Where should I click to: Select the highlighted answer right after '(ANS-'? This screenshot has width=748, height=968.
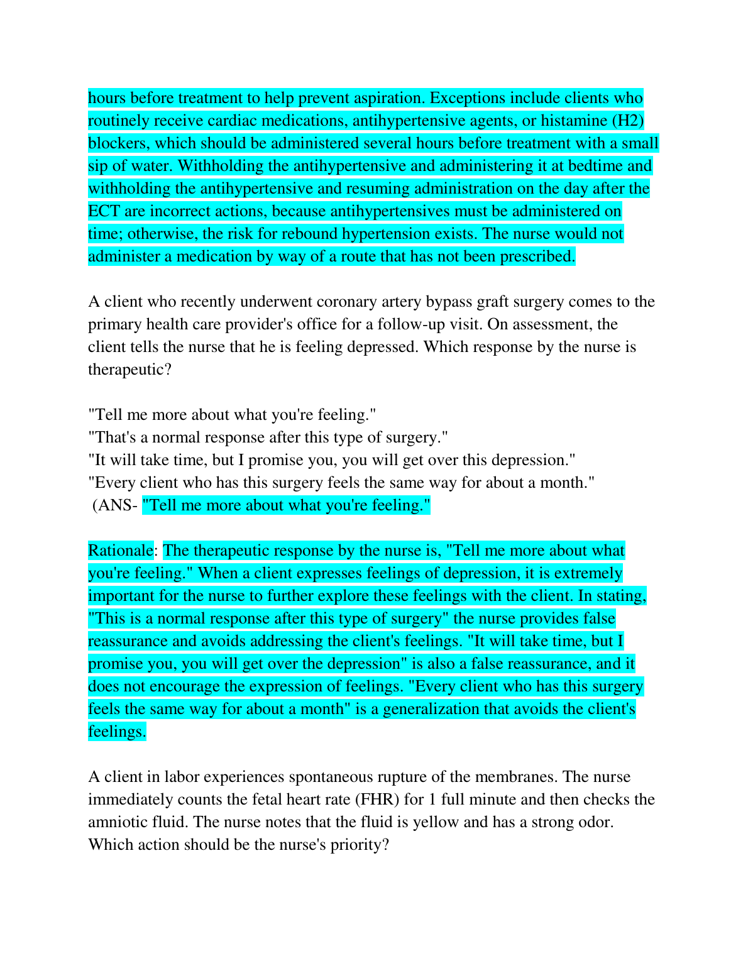pos(286,505)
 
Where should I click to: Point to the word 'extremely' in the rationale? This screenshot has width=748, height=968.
pos(584,573)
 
